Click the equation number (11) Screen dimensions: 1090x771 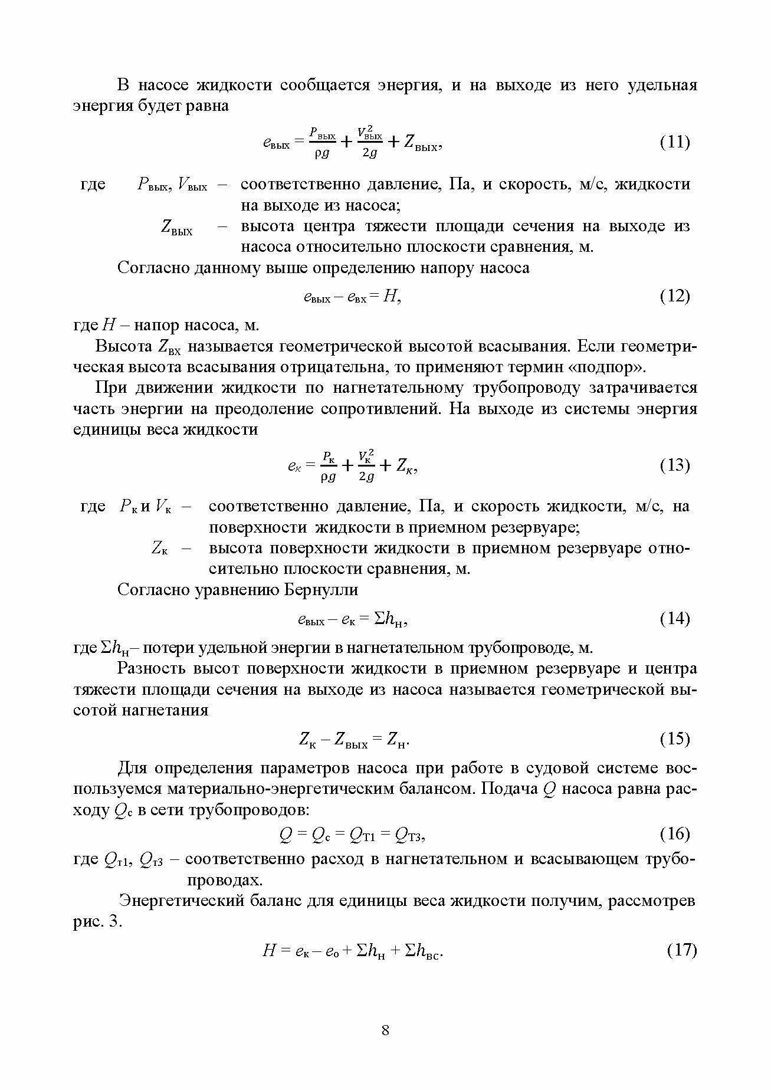click(x=674, y=142)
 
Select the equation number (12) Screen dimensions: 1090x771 click(x=674, y=296)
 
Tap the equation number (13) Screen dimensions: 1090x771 click(x=674, y=465)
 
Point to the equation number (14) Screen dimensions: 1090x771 click(x=674, y=618)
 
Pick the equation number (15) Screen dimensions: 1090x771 click(x=674, y=738)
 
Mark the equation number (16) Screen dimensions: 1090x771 click(x=674, y=833)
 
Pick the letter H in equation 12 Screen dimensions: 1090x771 click(x=389, y=296)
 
